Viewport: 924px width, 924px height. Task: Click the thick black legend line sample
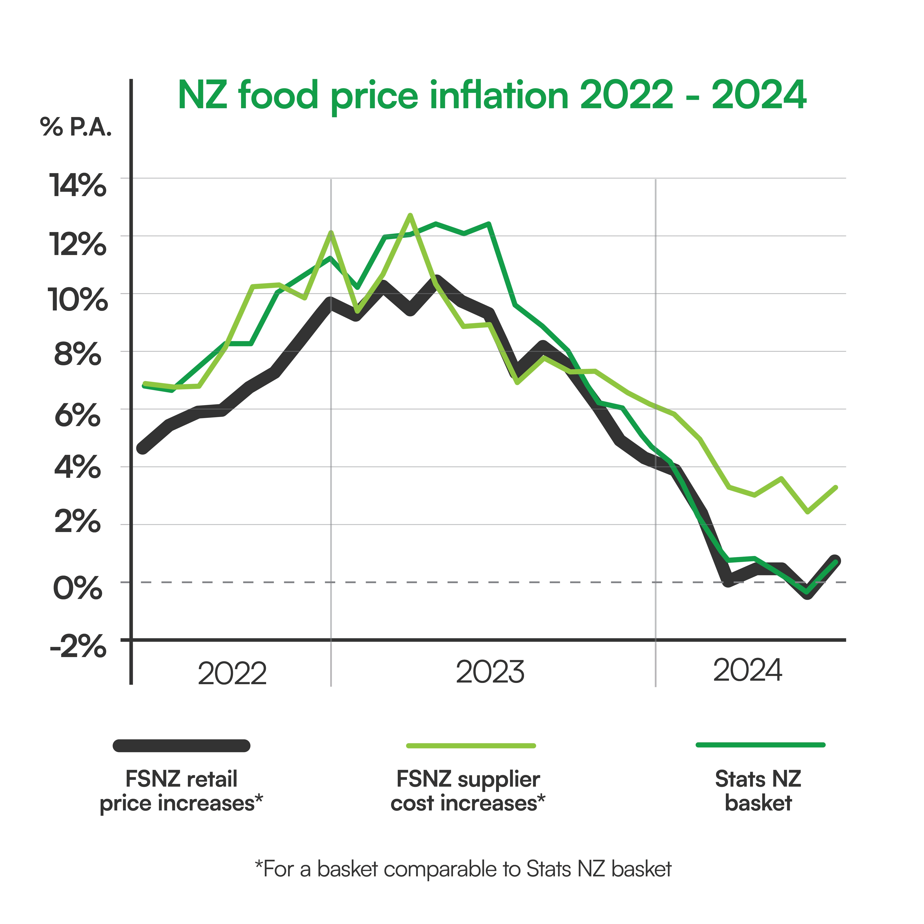tap(181, 746)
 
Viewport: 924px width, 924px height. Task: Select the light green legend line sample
tap(471, 746)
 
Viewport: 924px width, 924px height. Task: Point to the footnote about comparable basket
tap(463, 869)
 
